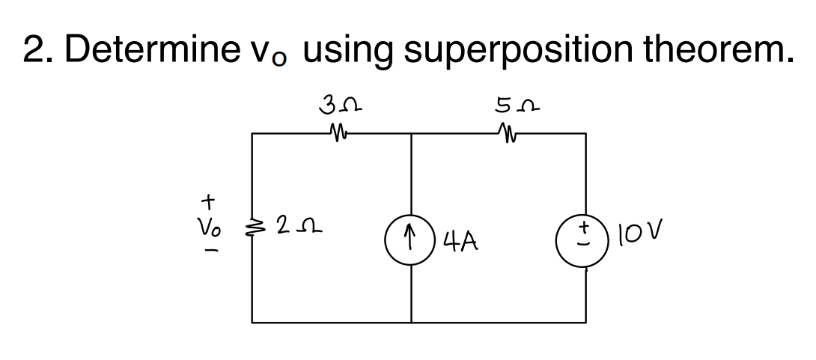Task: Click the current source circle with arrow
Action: click(411, 236)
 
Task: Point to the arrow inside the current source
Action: click(411, 236)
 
